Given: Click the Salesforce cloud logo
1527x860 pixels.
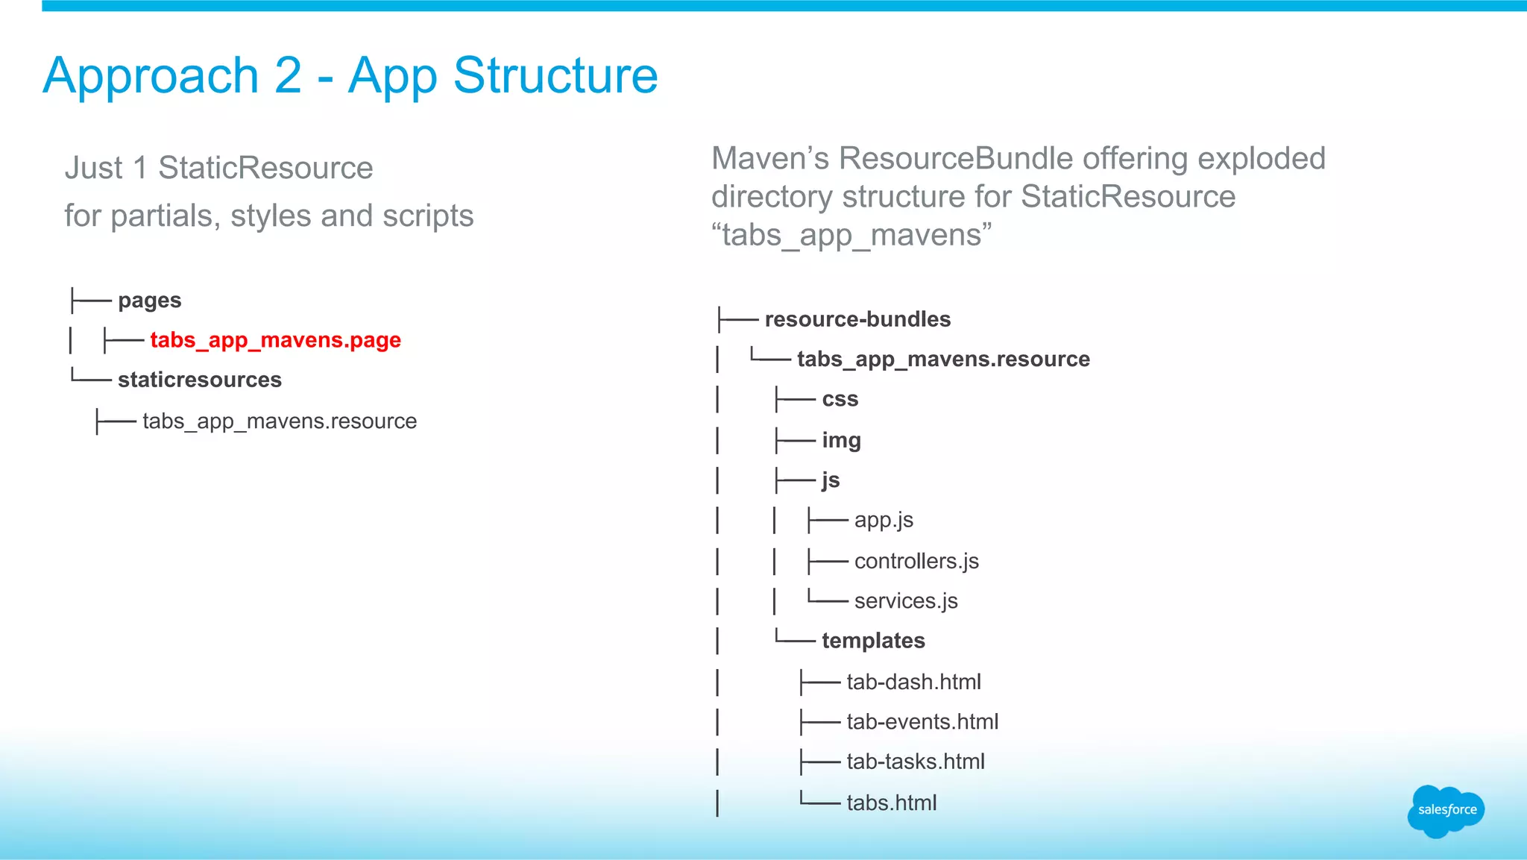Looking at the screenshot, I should (x=1446, y=811).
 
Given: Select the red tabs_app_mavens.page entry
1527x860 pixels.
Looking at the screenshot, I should (x=275, y=340).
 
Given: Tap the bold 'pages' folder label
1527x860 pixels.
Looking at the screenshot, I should (x=149, y=301).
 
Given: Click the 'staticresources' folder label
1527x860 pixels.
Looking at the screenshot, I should (x=199, y=380).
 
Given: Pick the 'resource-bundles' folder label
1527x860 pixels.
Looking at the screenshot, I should (x=857, y=319).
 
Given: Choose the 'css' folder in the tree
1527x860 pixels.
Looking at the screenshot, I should (x=840, y=399).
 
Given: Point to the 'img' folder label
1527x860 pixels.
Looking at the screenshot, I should (x=841, y=440).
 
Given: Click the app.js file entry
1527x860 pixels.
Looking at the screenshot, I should (x=884, y=520).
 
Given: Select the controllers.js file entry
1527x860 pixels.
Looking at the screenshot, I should (x=916, y=561).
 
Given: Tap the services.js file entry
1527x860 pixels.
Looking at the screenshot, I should (x=906, y=600).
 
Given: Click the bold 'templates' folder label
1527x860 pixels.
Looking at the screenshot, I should (x=873, y=641).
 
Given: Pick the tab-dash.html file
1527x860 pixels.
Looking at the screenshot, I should (x=913, y=682).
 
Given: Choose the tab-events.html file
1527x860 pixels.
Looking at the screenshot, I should (x=922, y=721).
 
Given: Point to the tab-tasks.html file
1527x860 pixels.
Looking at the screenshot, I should (x=916, y=762).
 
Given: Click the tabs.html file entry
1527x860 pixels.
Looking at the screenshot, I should (x=892, y=803).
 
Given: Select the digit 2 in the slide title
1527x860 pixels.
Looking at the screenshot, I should (x=288, y=76).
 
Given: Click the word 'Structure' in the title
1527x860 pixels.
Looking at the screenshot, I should (x=555, y=76).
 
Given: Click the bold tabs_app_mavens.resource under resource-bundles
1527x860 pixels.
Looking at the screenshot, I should (x=943, y=360).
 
